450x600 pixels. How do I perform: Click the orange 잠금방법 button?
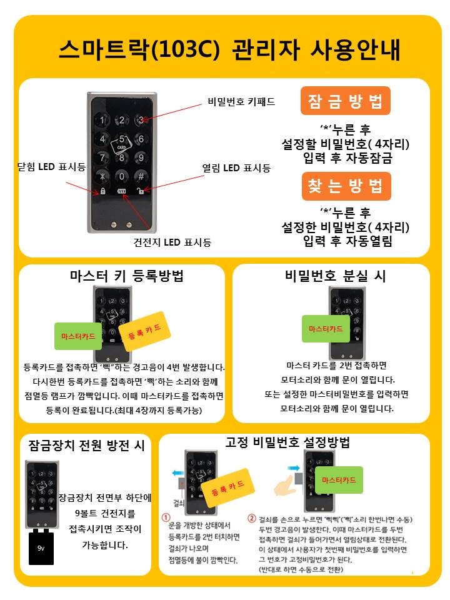coord(345,101)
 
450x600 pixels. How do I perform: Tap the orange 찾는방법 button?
coord(346,186)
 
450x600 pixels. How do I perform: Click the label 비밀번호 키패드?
coord(241,102)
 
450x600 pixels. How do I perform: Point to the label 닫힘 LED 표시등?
coord(52,167)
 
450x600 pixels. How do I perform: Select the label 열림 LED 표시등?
coord(236,168)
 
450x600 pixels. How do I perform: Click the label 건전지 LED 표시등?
coord(172,242)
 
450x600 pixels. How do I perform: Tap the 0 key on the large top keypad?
coord(122,176)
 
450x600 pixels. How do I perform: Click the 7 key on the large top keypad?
coord(102,157)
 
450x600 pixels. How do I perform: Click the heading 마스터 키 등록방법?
coord(127,276)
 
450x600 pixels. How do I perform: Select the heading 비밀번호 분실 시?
coord(335,276)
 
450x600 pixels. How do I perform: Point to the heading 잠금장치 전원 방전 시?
coord(86,446)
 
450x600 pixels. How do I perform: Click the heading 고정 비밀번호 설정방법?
coord(287,442)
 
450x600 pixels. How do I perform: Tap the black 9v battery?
coord(41,547)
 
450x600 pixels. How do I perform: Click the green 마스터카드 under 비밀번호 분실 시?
coord(326,329)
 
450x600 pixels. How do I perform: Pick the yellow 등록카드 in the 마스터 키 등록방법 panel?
coord(144,331)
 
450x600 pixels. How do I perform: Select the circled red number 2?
coord(251,519)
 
